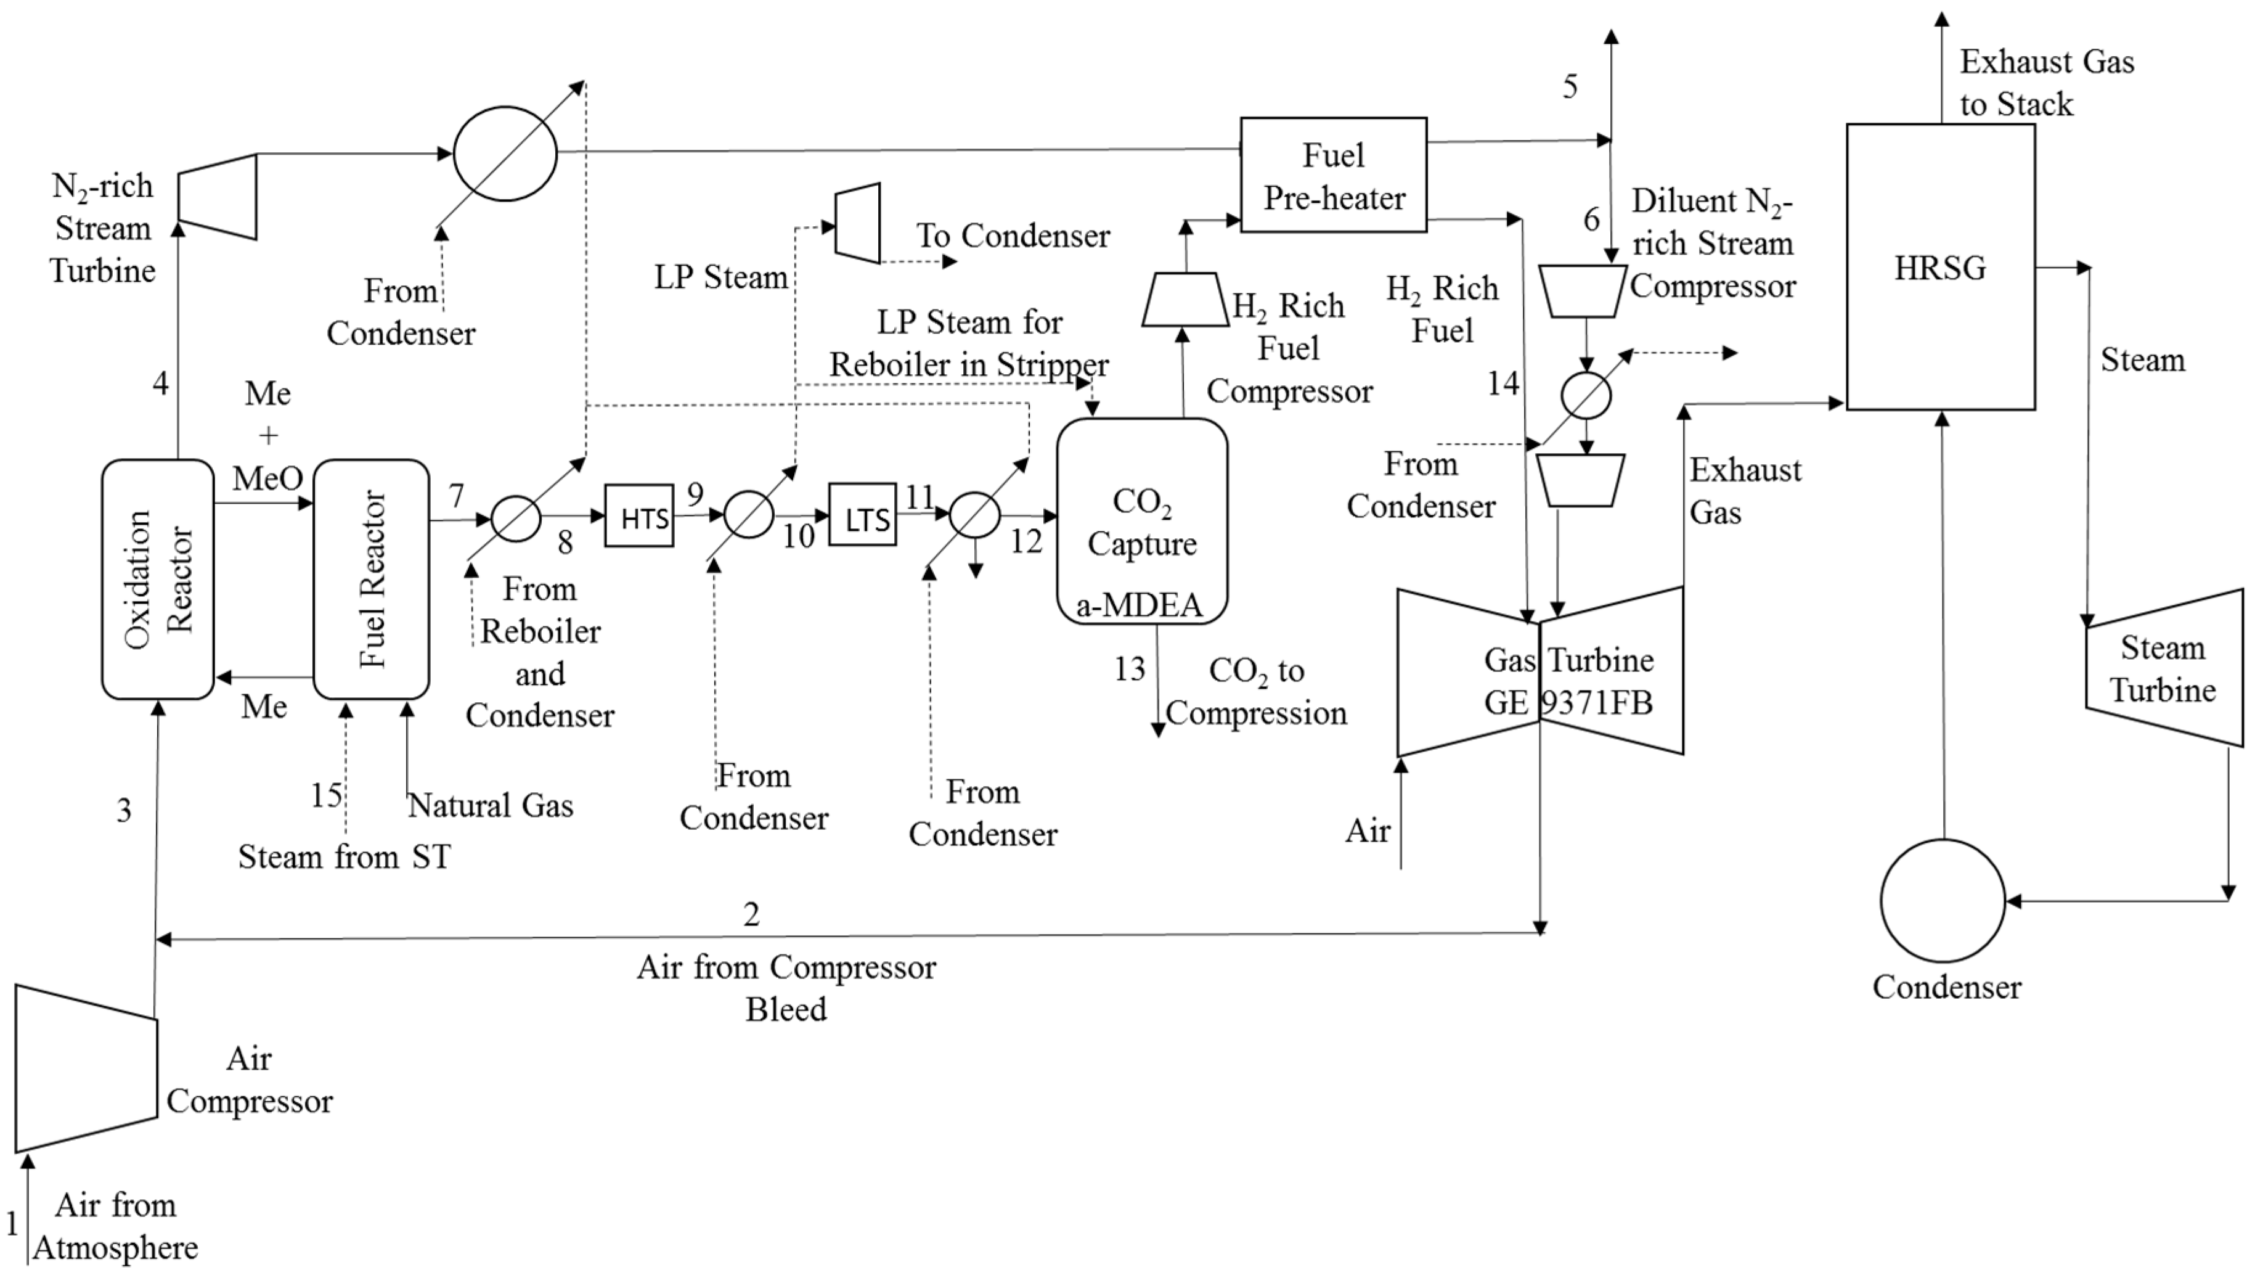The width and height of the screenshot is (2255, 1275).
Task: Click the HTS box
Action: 639,516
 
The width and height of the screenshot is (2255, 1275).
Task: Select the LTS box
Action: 862,514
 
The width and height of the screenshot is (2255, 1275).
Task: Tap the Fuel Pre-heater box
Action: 1333,175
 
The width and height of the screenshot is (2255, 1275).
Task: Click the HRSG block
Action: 1941,266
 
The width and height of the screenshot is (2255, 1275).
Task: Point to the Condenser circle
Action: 1943,900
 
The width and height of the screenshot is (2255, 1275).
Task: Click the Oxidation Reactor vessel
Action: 158,579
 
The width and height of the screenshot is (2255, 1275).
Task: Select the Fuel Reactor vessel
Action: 371,579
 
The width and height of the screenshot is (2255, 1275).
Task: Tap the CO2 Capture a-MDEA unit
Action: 1141,521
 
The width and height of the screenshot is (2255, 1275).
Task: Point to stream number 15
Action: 327,795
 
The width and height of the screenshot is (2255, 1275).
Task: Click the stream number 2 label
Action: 751,914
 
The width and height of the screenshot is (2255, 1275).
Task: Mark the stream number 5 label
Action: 1570,87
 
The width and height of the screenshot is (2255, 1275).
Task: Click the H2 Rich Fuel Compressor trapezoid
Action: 1185,300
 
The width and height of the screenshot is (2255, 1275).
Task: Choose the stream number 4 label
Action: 160,383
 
